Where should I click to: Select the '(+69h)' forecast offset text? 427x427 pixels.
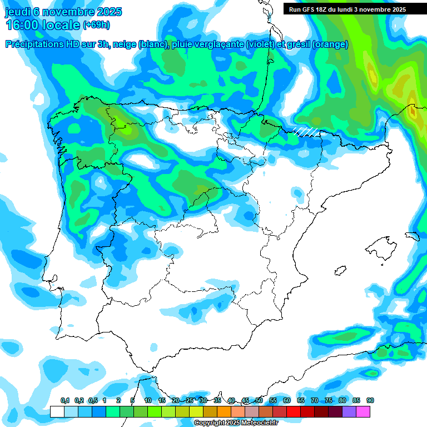96,25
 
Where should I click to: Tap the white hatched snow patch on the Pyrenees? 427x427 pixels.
307,131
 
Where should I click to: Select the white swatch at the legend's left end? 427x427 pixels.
57,411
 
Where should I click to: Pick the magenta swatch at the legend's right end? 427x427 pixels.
363,411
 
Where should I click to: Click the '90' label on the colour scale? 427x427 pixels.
370,400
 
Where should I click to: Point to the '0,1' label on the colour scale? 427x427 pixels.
64,400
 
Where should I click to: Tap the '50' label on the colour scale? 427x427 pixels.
259,400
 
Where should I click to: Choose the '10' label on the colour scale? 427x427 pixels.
148,400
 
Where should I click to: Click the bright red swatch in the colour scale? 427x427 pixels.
294,411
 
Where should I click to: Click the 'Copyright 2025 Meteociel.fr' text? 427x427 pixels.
236,423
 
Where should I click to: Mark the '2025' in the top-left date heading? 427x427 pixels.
109,12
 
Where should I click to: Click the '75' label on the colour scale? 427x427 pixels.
329,400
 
